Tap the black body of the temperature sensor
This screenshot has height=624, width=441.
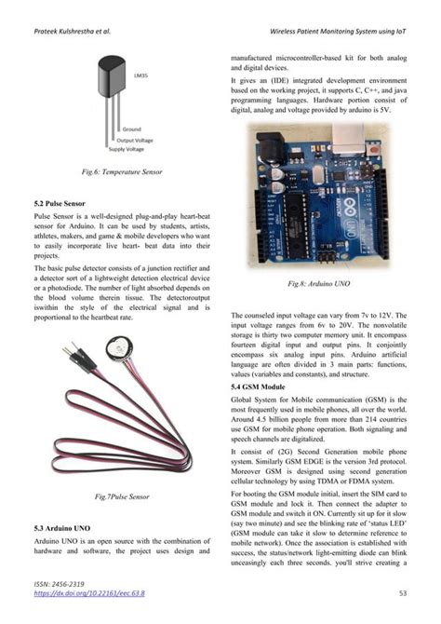[x=112, y=77]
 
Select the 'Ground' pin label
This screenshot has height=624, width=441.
[x=131, y=129]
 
